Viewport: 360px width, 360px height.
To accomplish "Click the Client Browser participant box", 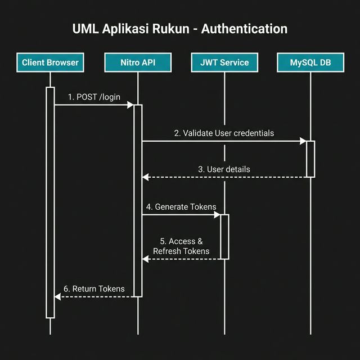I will tap(50, 62).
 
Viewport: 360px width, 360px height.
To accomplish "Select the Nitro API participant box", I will tap(138, 62).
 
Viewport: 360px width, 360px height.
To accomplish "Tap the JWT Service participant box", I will tap(224, 62).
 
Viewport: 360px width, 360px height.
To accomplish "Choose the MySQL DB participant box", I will tap(310, 62).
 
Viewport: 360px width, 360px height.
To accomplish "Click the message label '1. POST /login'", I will tap(94, 97).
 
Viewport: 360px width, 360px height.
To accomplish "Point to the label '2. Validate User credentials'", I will tap(224, 133).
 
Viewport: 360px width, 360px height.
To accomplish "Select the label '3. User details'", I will tap(224, 169).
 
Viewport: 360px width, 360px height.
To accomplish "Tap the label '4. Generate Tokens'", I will tap(181, 207).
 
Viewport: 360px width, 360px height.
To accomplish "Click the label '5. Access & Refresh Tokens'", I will tap(181, 246).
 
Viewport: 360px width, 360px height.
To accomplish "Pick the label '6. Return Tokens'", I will tap(94, 289).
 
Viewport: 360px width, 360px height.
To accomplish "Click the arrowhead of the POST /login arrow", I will tap(130, 105).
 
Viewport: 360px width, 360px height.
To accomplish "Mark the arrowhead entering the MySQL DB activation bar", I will tap(303, 142).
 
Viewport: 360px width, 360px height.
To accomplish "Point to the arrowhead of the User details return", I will tap(146, 177).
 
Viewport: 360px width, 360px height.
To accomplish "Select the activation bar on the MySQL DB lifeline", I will tap(310, 159).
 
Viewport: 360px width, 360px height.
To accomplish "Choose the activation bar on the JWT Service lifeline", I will tap(224, 236).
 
